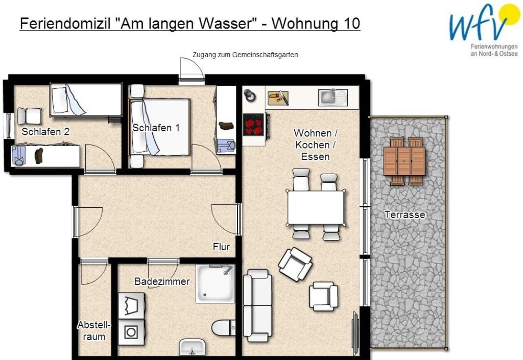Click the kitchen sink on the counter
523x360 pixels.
coord(332,98)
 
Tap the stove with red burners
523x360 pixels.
coord(253,125)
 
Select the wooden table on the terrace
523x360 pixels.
coord(404,161)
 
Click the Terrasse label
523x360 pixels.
coord(405,214)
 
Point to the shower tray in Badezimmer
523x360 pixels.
coord(216,284)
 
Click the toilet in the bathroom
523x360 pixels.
coord(224,328)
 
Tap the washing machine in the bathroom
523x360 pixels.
coord(131,332)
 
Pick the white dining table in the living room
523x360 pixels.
coord(316,207)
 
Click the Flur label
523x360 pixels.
coord(221,247)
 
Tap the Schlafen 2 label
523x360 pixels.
coord(45,132)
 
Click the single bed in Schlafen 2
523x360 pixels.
coord(86,100)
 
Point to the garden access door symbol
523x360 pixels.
coord(191,70)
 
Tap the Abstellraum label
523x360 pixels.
coord(94,331)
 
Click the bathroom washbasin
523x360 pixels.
coord(192,347)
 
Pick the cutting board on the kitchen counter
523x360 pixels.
coord(278,98)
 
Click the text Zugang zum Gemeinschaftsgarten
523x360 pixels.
coord(245,55)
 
